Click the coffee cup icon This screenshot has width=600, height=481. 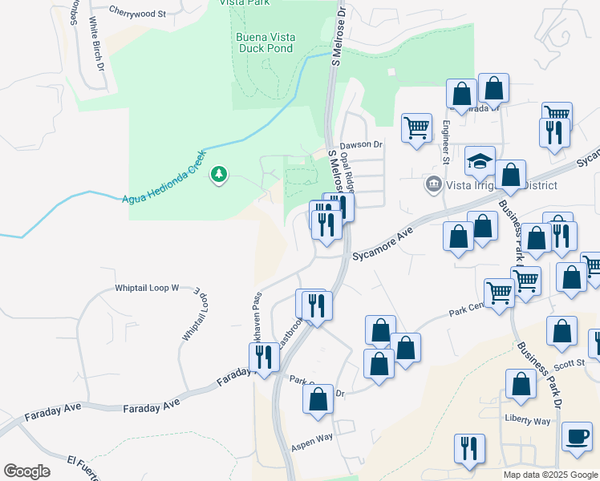[x=577, y=436]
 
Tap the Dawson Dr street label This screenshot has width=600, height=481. [x=361, y=145]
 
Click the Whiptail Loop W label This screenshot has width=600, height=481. [x=146, y=286]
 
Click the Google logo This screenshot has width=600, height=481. [x=26, y=471]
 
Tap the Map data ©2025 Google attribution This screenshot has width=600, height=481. [x=549, y=475]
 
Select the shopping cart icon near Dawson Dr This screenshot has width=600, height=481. [x=416, y=128]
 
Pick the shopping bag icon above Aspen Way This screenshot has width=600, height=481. [x=318, y=399]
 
